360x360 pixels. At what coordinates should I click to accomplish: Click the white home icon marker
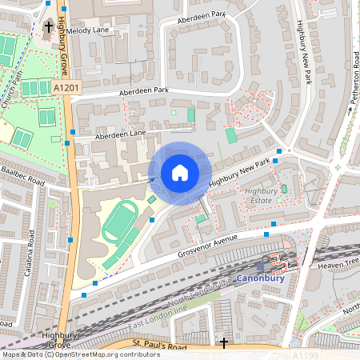tap(180, 173)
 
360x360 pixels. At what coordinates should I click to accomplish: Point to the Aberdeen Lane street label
tap(120, 134)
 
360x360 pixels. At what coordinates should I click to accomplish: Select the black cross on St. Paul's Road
tap(224, 342)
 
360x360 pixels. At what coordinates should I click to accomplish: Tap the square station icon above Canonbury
tap(262, 266)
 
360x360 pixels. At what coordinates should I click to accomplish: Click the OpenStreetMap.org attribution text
tap(83, 354)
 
